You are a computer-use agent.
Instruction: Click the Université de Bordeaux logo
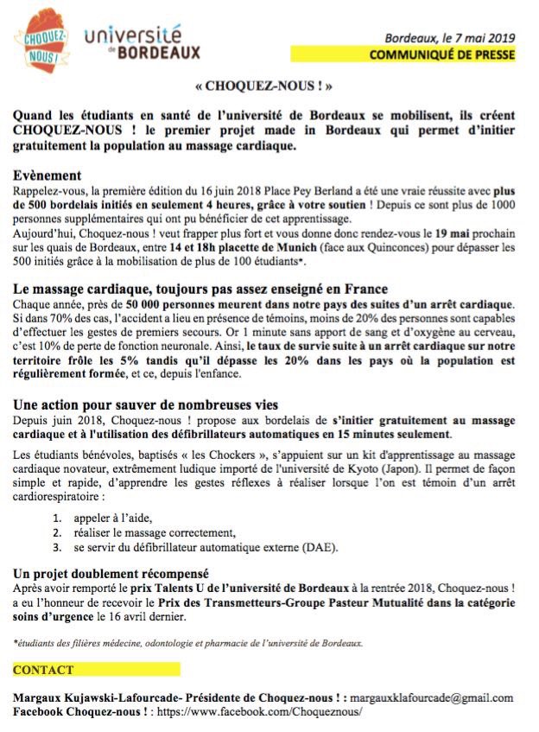click(x=143, y=42)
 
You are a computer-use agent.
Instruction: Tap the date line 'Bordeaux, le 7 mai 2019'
click(x=449, y=40)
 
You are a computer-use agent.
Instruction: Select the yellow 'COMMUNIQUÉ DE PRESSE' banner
click(x=441, y=55)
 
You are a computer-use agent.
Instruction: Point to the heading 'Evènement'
click(x=48, y=175)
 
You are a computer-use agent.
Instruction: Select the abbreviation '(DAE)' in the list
click(x=320, y=546)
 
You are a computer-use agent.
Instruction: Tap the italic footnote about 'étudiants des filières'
click(x=188, y=643)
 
